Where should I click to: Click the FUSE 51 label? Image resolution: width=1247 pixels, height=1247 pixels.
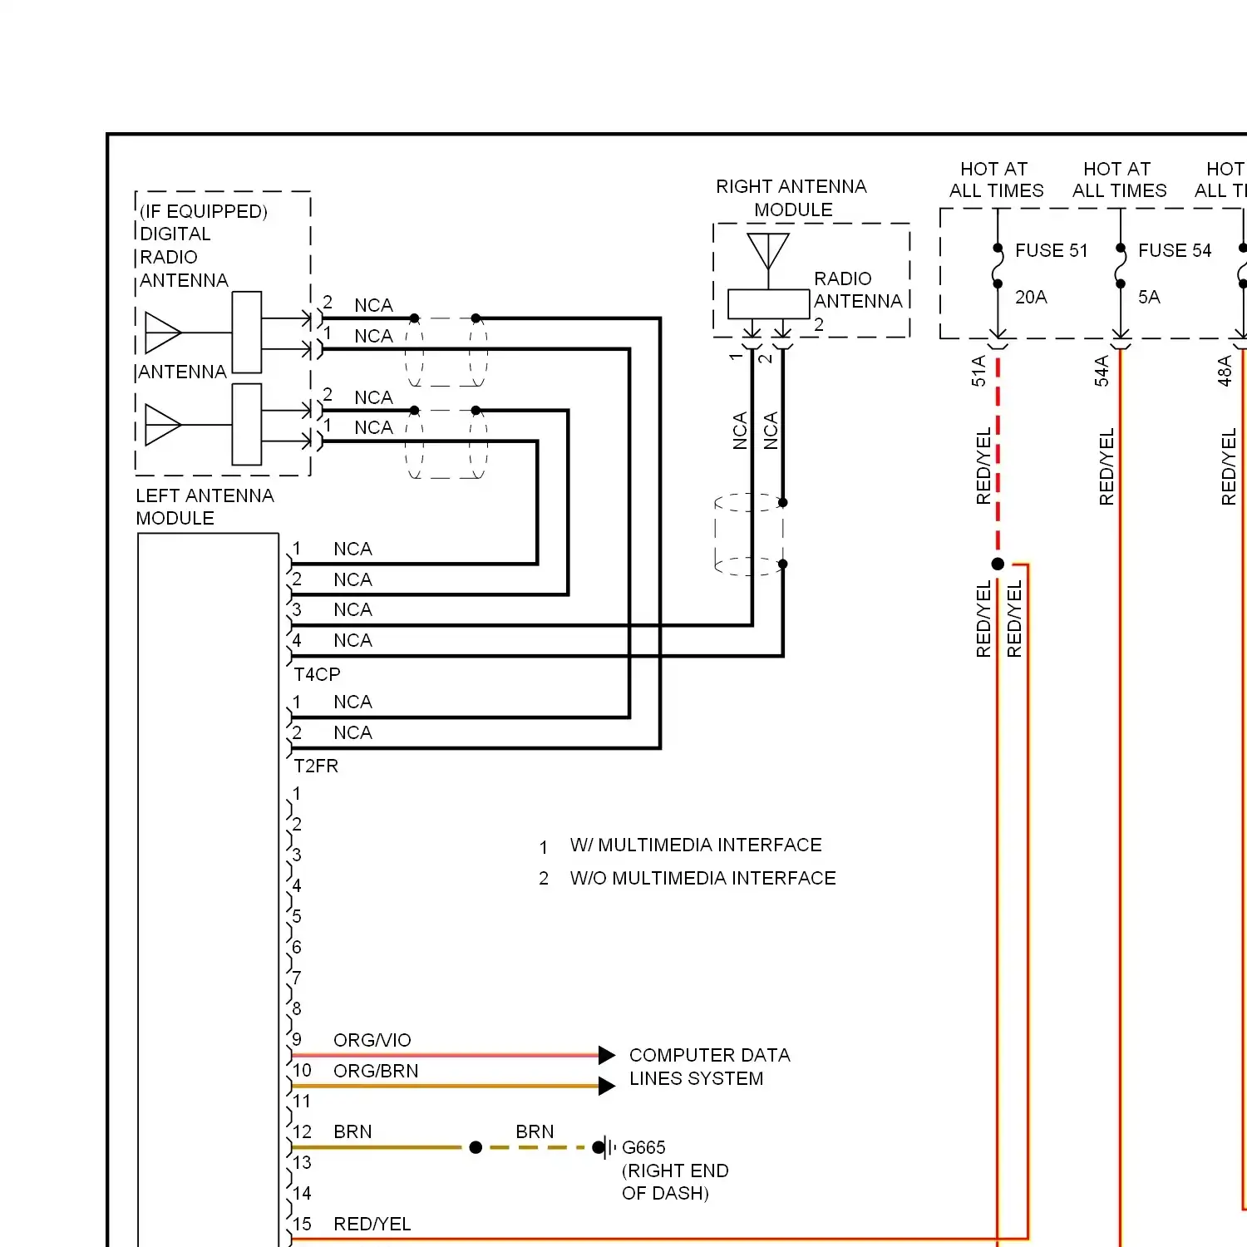(1051, 250)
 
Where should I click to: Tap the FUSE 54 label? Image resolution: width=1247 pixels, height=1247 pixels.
(1175, 250)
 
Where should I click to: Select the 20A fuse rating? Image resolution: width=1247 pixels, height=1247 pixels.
(1031, 297)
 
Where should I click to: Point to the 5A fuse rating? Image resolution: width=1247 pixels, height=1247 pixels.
(1149, 297)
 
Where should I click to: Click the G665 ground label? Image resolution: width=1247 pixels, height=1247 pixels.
(643, 1147)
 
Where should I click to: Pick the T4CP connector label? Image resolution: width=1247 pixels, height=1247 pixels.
(317, 674)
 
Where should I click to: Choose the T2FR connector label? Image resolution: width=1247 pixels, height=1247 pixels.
(316, 766)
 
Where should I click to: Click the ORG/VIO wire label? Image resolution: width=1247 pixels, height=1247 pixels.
(372, 1040)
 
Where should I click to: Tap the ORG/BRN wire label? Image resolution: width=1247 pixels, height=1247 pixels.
(376, 1071)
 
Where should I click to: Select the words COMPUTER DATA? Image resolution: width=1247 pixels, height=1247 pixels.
(709, 1055)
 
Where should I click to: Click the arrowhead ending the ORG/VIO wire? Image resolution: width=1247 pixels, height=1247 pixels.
(607, 1055)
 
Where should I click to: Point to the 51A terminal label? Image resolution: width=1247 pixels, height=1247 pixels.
(978, 371)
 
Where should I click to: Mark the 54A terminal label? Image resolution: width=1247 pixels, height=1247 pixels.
(1102, 371)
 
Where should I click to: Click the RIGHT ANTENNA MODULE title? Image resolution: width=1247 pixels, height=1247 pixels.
(791, 198)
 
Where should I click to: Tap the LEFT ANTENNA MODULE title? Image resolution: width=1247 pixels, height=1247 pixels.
(205, 506)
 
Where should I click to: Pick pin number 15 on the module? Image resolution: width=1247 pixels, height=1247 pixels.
(302, 1224)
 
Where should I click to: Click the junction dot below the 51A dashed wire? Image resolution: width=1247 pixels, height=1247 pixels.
(998, 564)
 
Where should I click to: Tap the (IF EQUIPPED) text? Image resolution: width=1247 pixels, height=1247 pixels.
(204, 211)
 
